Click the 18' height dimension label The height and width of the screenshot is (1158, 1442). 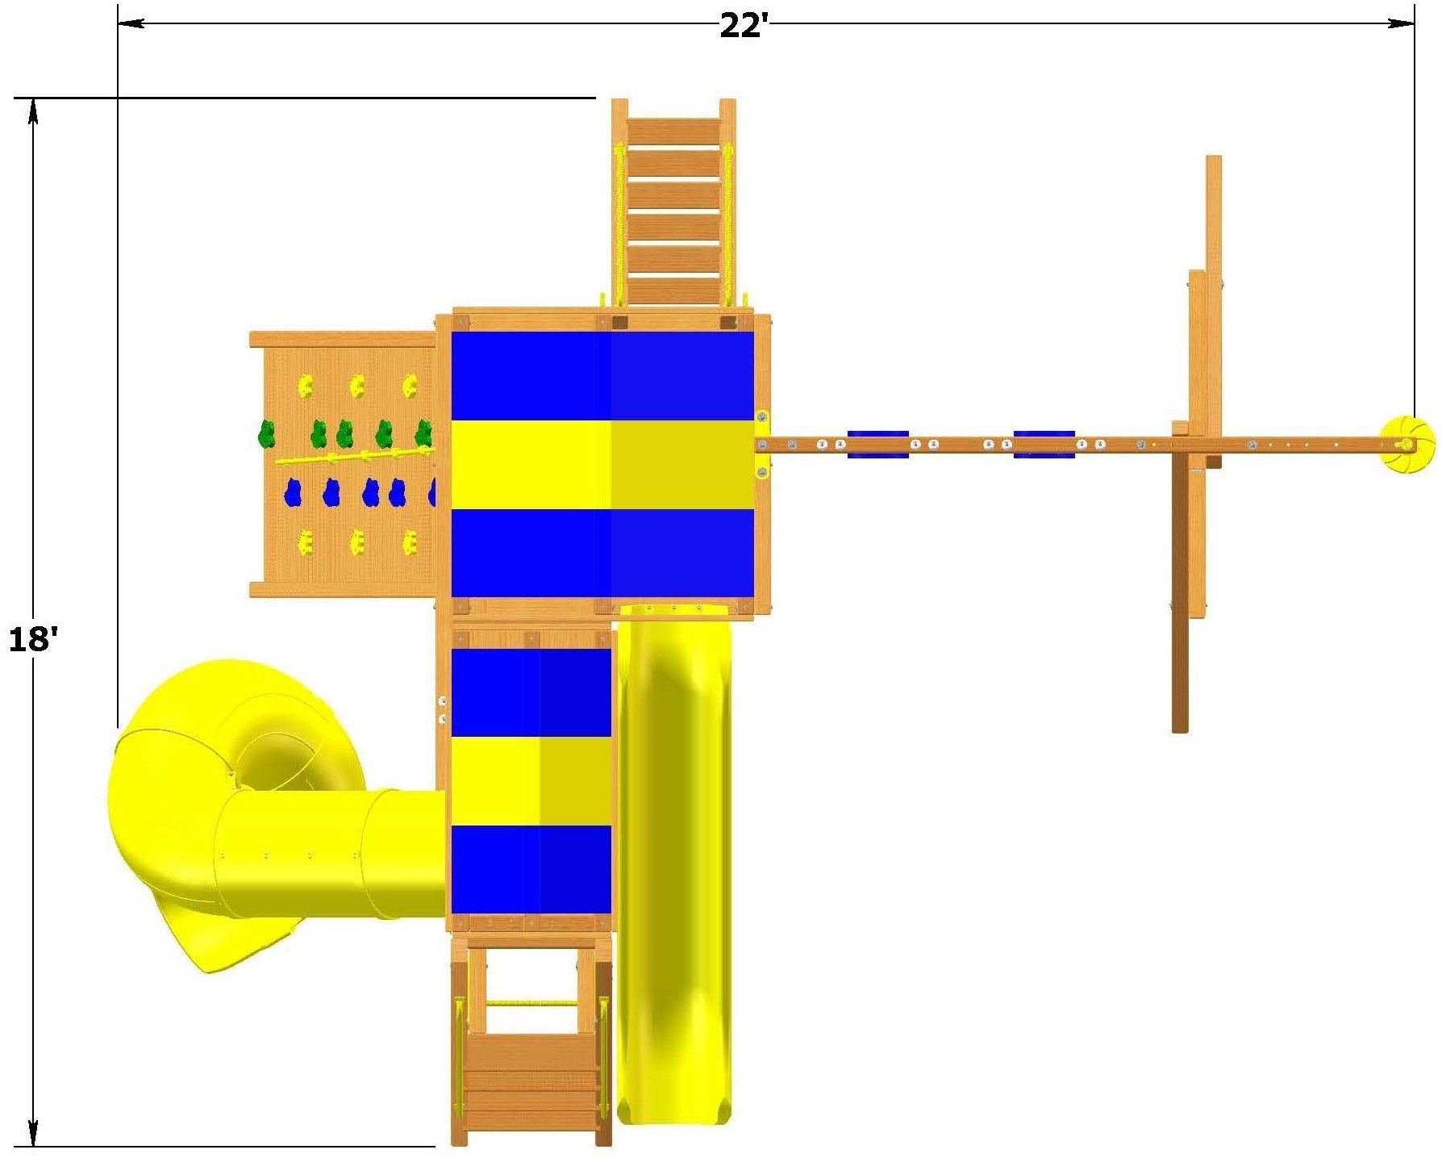[x=33, y=640]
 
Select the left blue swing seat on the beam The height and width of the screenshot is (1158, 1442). [x=877, y=444]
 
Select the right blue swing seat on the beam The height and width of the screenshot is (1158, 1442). [x=1044, y=444]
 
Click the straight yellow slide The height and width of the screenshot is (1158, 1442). [x=674, y=863]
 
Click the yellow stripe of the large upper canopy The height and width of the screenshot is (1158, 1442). [x=602, y=465]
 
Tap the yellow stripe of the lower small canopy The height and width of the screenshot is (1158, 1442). [x=531, y=780]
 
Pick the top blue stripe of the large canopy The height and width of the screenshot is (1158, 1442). [x=602, y=376]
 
